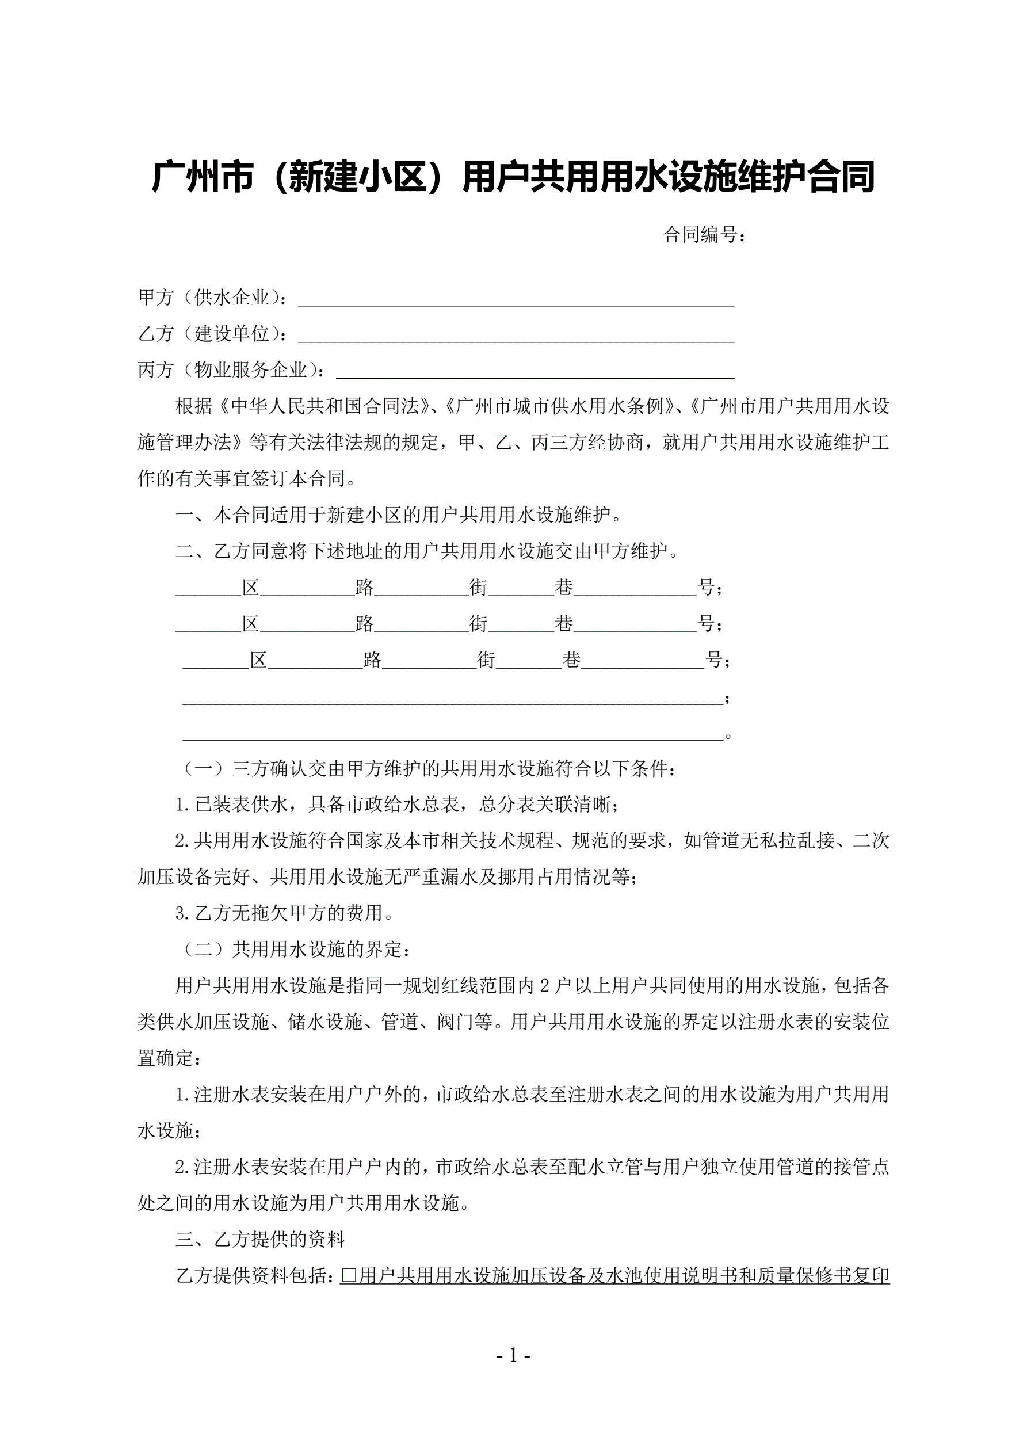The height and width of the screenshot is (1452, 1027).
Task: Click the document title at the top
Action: click(x=513, y=177)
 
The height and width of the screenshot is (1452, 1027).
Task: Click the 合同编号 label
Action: click(x=703, y=235)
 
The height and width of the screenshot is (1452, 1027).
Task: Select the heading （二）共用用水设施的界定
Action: click(x=297, y=949)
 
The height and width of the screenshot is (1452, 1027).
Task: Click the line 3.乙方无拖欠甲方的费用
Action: click(x=285, y=913)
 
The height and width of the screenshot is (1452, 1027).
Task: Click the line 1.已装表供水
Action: click(x=397, y=805)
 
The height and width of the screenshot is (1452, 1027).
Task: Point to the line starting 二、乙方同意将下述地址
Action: click(x=427, y=551)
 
